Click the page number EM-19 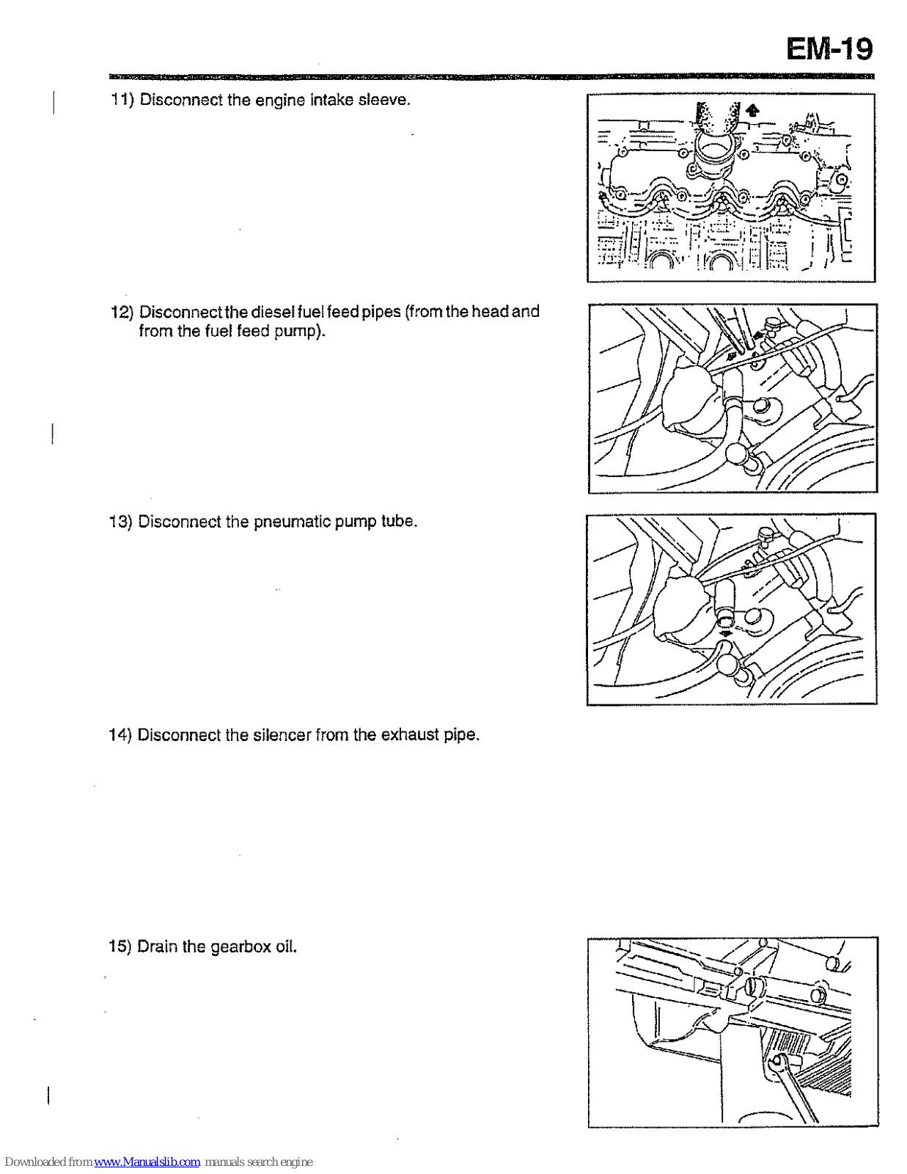click(x=829, y=49)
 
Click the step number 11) click(x=121, y=100)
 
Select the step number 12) click(x=121, y=312)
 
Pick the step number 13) click(x=120, y=522)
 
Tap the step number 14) click(x=120, y=735)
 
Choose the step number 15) click(x=120, y=947)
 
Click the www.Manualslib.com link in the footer click(x=147, y=1162)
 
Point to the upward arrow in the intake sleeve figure click(x=752, y=111)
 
